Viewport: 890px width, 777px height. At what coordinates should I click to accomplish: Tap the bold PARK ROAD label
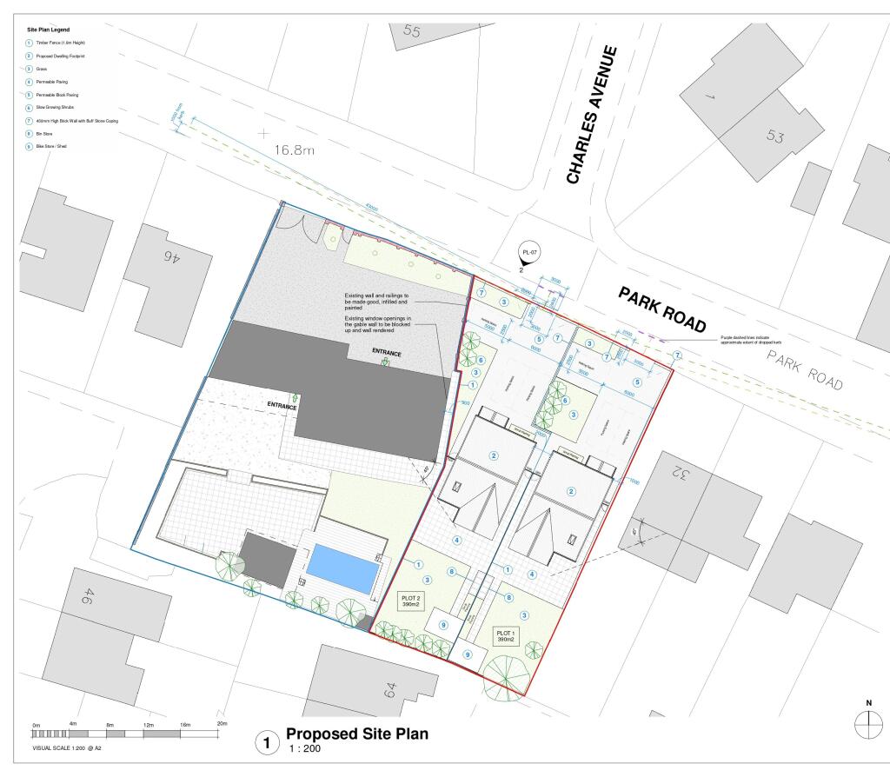coord(662,309)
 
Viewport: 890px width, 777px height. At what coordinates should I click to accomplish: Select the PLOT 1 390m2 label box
coord(505,635)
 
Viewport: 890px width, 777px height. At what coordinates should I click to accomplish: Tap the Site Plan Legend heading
coord(49,30)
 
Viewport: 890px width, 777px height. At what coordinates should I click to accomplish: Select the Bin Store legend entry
coord(45,134)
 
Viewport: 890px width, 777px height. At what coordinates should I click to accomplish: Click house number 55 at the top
coord(411,32)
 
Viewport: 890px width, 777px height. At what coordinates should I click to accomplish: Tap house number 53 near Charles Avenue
coord(776,136)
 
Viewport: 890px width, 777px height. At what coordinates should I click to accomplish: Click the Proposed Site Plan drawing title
coord(357,734)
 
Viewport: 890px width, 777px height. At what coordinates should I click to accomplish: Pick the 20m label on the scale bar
coord(222,724)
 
